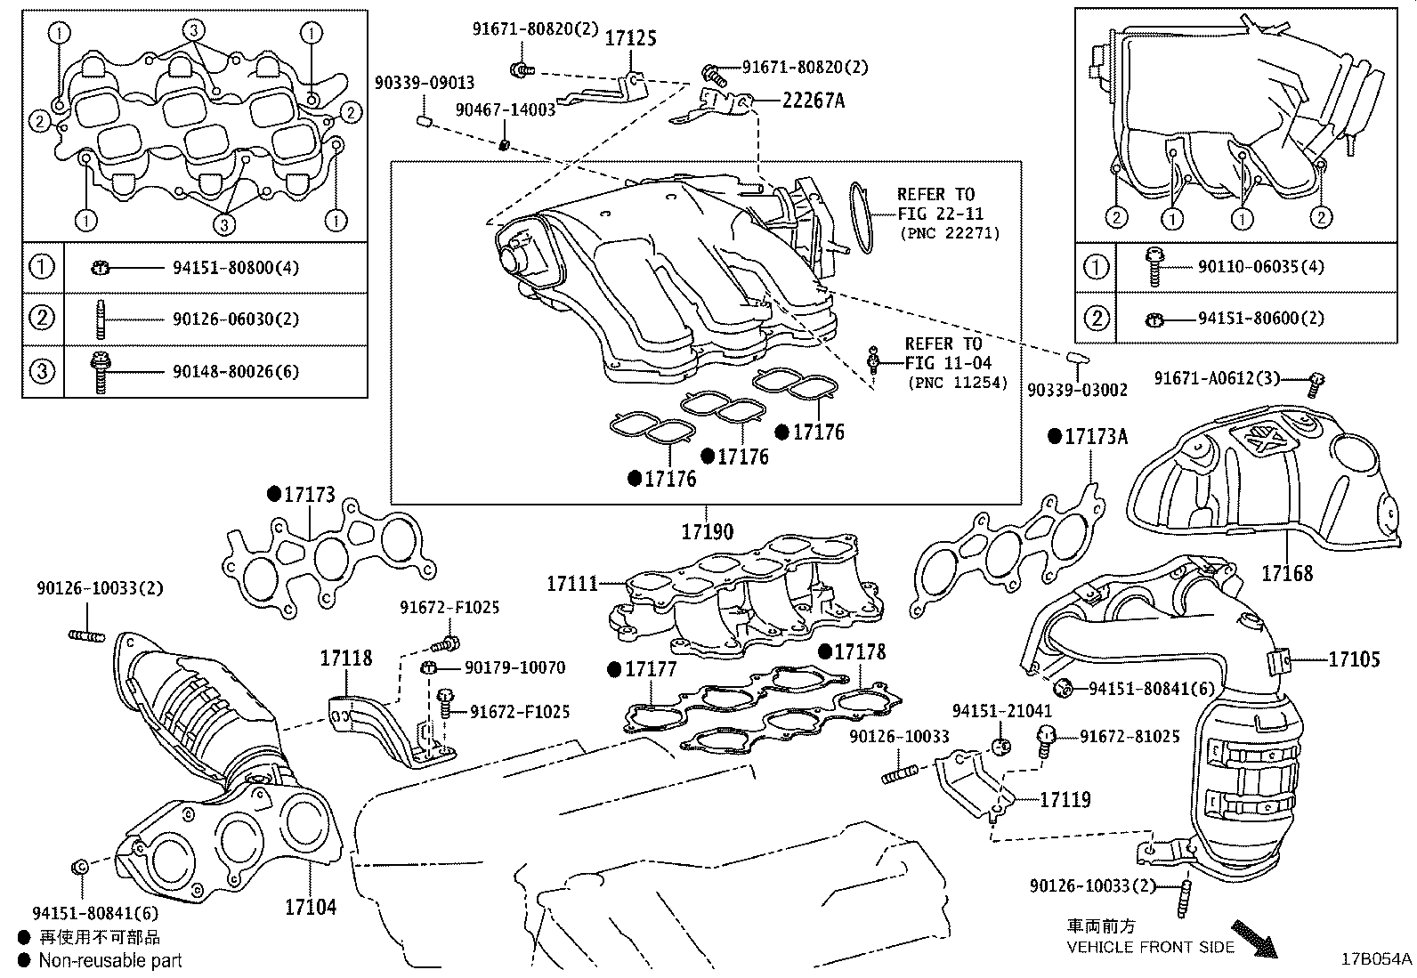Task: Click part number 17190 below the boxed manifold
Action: click(x=708, y=532)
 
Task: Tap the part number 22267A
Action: click(x=813, y=100)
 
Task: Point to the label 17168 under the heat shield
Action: click(x=1286, y=573)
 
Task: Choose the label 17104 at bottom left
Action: click(x=311, y=907)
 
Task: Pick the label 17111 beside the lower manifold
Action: click(x=571, y=584)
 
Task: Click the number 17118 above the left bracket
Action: click(x=346, y=659)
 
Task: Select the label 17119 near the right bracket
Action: click(x=1065, y=799)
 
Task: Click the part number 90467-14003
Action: click(x=505, y=109)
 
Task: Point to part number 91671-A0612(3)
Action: click(x=1217, y=378)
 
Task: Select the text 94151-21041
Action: click(x=1001, y=711)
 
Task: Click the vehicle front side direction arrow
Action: click(x=1254, y=940)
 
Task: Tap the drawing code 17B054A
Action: click(x=1377, y=959)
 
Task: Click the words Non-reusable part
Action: click(x=109, y=960)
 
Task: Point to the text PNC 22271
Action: click(x=950, y=233)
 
